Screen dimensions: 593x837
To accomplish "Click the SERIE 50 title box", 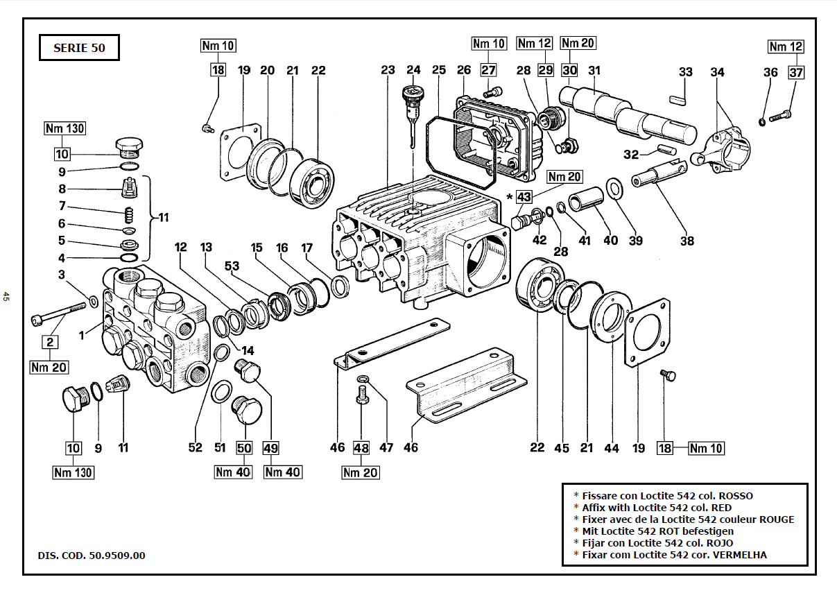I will coord(79,49).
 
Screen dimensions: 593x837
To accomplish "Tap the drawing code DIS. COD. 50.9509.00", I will coord(92,556).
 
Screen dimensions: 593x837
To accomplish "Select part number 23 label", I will coord(388,70).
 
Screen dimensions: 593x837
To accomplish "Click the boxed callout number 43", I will coord(524,197).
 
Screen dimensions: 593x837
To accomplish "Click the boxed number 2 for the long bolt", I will coord(50,341).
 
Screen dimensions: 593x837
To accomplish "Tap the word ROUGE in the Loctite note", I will coord(777,519).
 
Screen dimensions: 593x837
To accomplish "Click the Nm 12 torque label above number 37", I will coord(786,47).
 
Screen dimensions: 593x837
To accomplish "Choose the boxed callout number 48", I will coord(361,448).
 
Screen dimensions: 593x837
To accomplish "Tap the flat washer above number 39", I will coord(614,187).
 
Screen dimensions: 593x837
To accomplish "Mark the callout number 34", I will coord(717,72).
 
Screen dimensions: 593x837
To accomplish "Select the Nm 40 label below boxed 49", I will coord(283,472).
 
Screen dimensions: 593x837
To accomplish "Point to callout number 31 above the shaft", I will coord(594,70).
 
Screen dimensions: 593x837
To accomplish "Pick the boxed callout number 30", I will coord(569,70).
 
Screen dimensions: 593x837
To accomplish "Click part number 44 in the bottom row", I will coord(611,448).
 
